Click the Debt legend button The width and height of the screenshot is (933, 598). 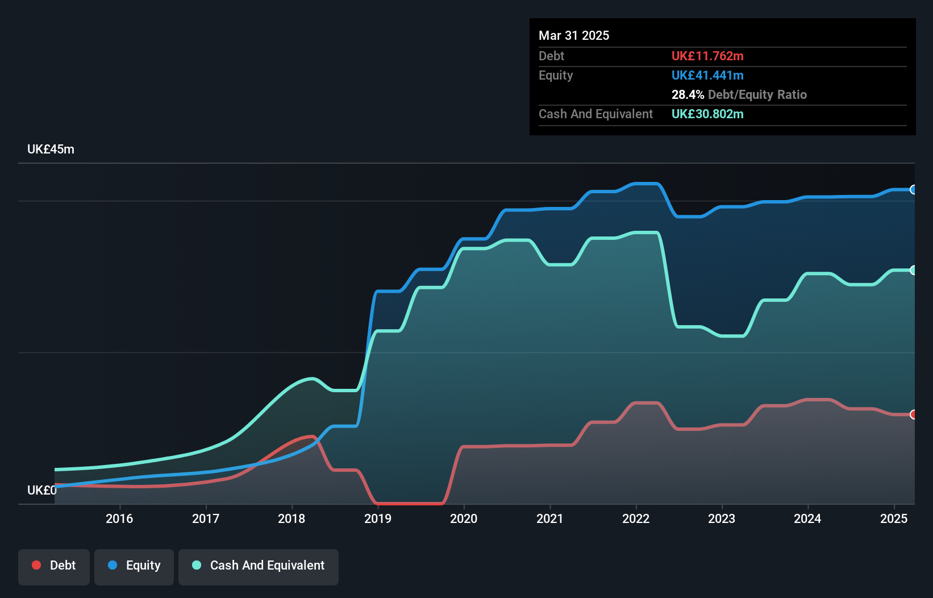pyautogui.click(x=54, y=566)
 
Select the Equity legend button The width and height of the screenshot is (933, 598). pyautogui.click(x=134, y=566)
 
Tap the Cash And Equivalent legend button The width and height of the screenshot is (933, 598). pyautogui.click(x=259, y=566)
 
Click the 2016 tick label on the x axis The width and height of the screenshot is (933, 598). pyautogui.click(x=119, y=518)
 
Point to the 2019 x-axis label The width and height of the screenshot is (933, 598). pyautogui.click(x=377, y=518)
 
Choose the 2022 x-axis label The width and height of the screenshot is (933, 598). pyautogui.click(x=635, y=518)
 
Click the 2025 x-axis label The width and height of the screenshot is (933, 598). pyautogui.click(x=893, y=518)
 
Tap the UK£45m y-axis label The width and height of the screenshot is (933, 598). pyautogui.click(x=51, y=149)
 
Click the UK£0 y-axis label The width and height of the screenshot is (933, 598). pyautogui.click(x=41, y=490)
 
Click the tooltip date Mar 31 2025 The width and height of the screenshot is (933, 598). pyautogui.click(x=574, y=35)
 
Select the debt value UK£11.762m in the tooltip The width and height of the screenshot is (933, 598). pyautogui.click(x=707, y=56)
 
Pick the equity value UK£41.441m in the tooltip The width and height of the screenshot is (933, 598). pyautogui.click(x=707, y=75)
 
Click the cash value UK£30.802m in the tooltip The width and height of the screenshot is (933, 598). pyautogui.click(x=707, y=114)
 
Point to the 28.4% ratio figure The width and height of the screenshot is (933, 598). pyautogui.click(x=688, y=94)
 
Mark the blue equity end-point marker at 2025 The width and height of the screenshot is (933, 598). pyautogui.click(x=913, y=190)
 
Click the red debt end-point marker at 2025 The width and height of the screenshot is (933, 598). pyautogui.click(x=913, y=414)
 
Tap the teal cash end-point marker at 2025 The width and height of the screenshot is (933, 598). pyautogui.click(x=913, y=270)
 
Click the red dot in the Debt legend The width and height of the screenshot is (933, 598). pyautogui.click(x=36, y=565)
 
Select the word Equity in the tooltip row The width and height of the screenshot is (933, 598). pyautogui.click(x=556, y=75)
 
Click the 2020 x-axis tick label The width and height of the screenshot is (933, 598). pyautogui.click(x=464, y=518)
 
